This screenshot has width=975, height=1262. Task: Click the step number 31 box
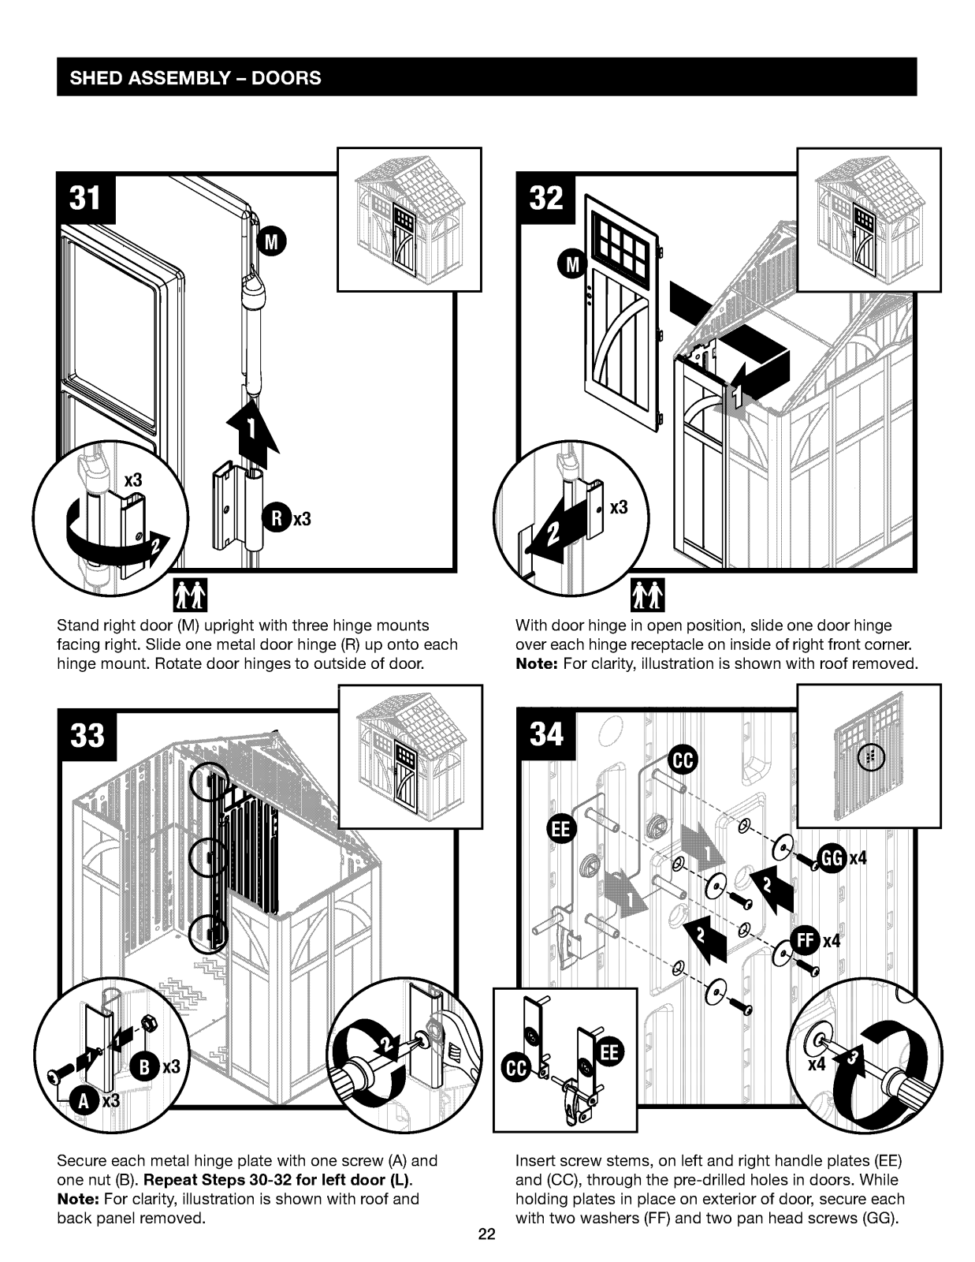coord(86,199)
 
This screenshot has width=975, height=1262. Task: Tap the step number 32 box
coord(546,199)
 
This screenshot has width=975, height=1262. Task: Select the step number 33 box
coord(86,736)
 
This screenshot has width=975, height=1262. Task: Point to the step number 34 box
coord(546,736)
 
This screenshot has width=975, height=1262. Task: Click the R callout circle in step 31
coord(277,518)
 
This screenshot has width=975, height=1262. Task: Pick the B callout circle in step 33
coord(146,1066)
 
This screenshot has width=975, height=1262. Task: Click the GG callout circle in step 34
coord(832,857)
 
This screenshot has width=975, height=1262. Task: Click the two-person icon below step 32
coord(649,596)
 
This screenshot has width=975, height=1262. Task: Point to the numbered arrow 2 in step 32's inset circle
coord(552,533)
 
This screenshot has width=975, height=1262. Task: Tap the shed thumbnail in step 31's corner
coord(409,219)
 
